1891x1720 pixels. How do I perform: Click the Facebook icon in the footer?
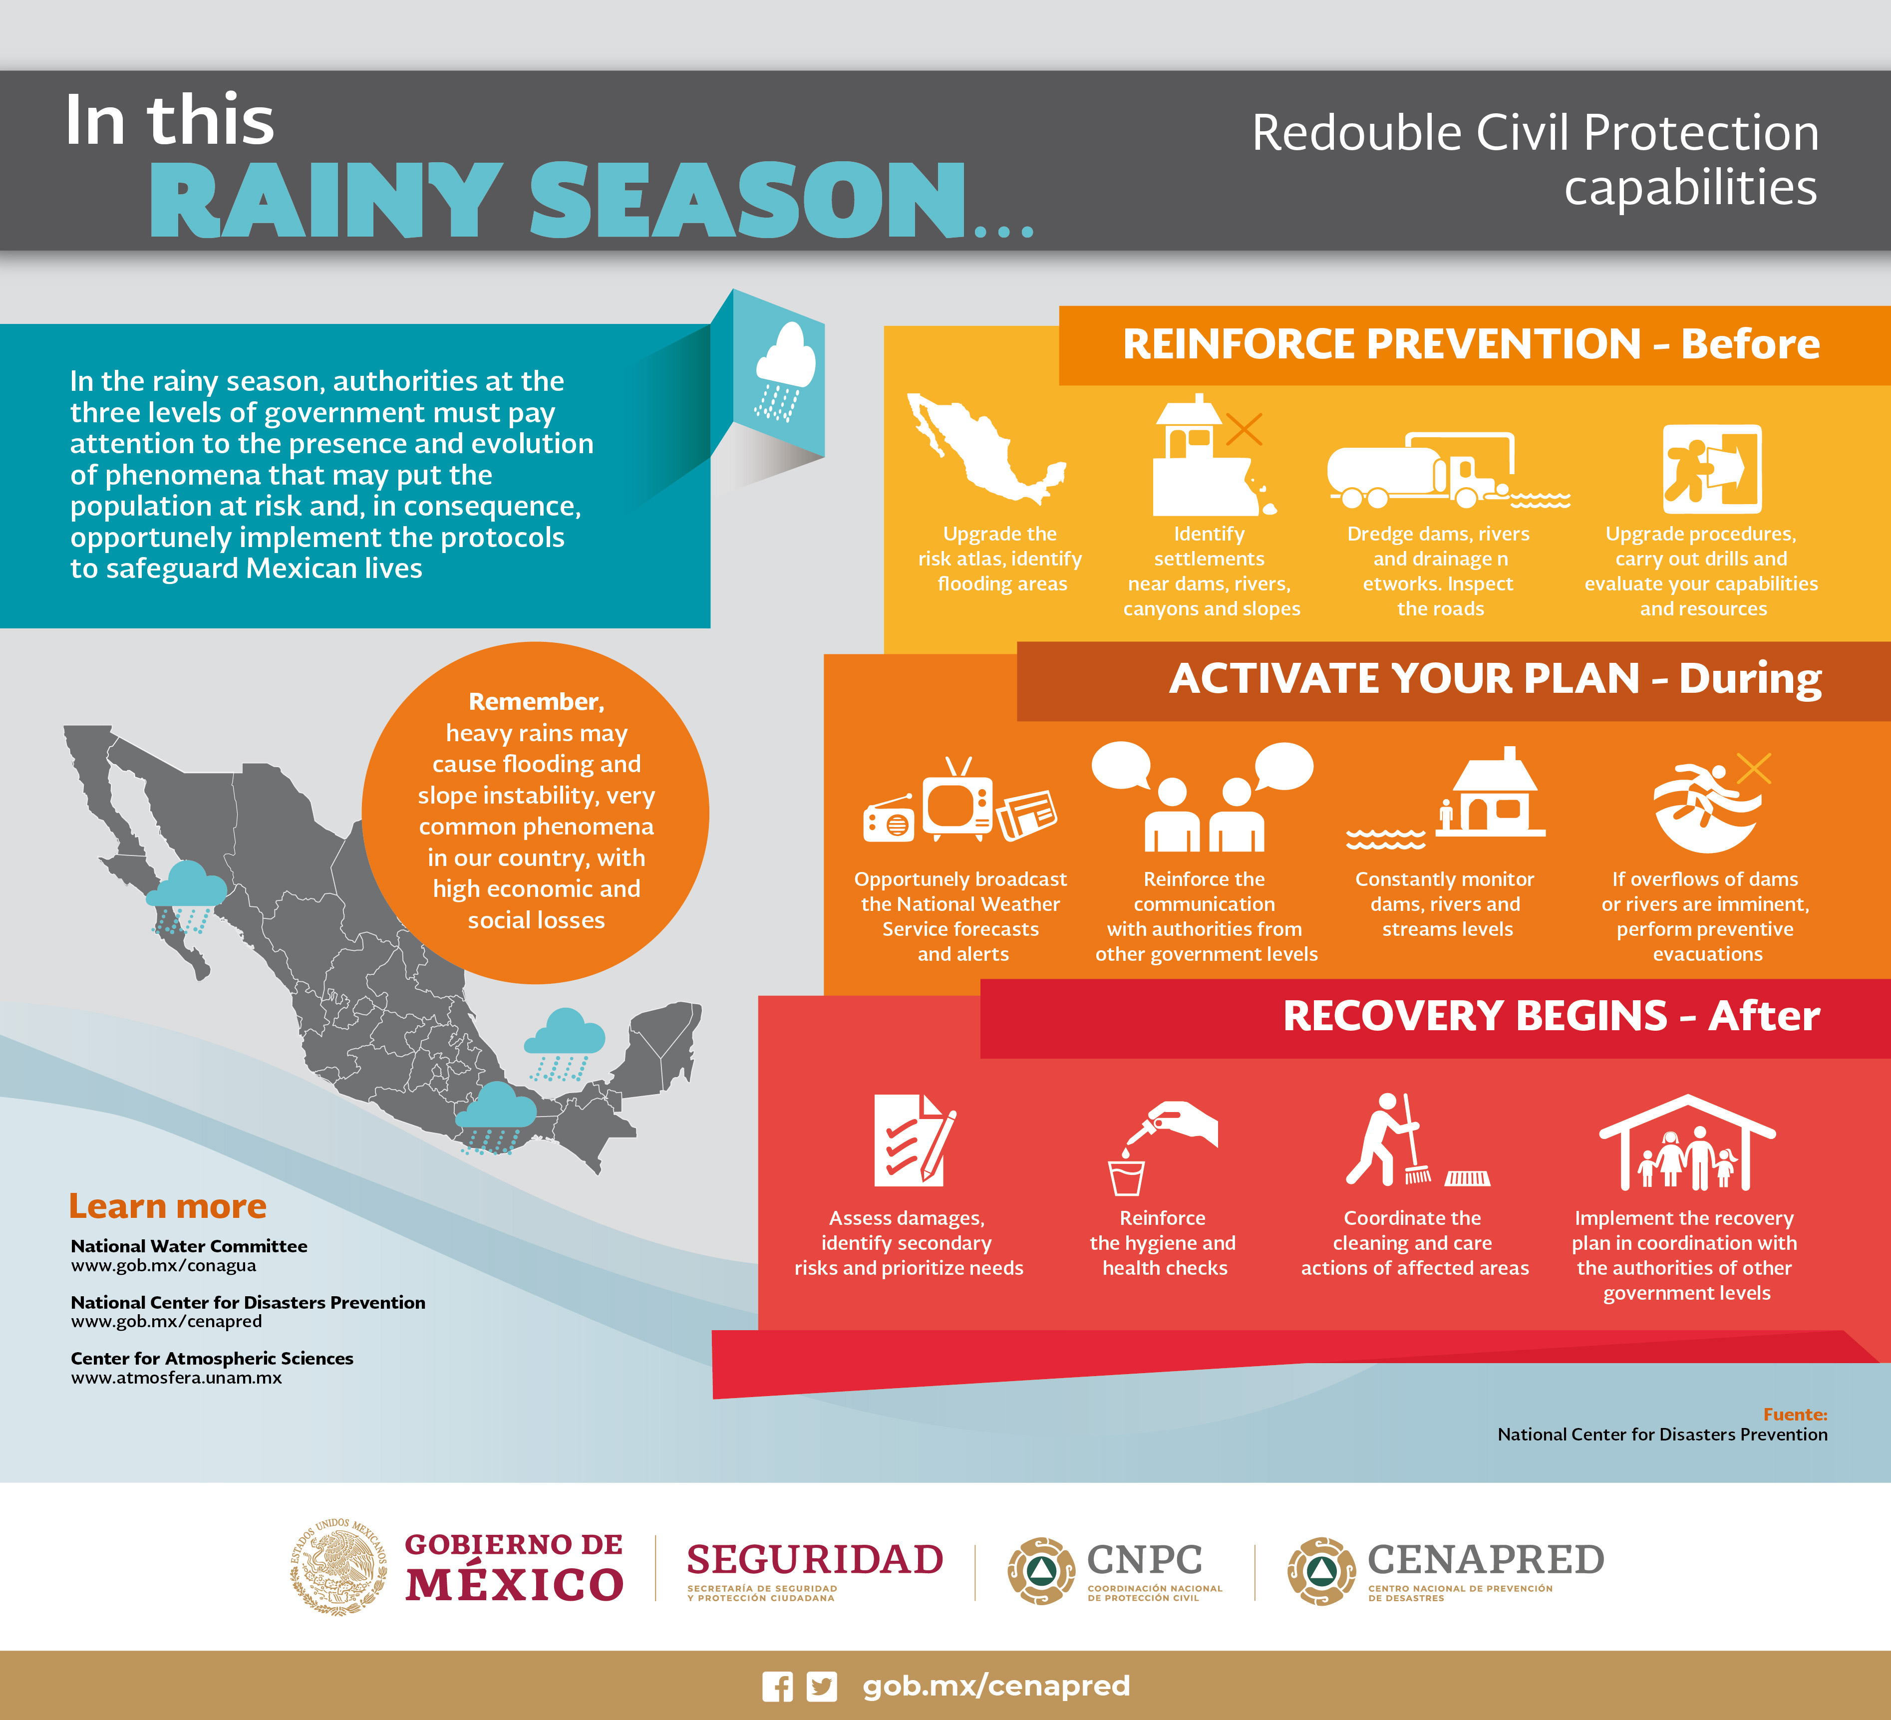click(x=777, y=1686)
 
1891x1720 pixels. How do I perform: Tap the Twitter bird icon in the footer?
click(x=822, y=1686)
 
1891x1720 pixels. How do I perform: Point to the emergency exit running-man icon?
click(x=1712, y=469)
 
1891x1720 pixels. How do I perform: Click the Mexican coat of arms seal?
click(x=338, y=1566)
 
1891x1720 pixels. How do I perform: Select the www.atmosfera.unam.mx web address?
click(x=176, y=1378)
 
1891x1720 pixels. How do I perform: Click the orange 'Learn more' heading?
click(x=168, y=1206)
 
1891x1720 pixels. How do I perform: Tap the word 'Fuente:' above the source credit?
click(x=1795, y=1414)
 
